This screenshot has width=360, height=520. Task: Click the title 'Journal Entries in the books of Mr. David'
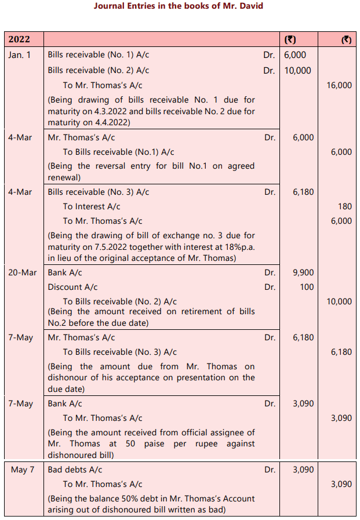coord(179,6)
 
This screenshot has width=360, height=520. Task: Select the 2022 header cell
coord(19,39)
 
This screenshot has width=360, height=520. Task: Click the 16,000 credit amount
coord(339,85)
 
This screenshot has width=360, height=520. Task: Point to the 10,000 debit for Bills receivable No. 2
coord(297,70)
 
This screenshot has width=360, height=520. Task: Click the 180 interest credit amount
coord(344,206)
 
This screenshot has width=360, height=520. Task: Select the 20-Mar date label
coord(22,272)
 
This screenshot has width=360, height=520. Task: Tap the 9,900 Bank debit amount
coord(304,272)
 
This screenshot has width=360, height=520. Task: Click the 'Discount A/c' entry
coord(72,287)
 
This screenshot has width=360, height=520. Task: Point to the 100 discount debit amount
coord(307,287)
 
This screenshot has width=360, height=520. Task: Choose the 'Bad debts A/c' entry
coord(75,469)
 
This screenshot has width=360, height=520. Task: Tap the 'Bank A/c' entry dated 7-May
coord(65,403)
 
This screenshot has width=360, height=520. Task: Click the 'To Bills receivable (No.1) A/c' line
coord(118,152)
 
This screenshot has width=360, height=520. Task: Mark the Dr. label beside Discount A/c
coord(270,287)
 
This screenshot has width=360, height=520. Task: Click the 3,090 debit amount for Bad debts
coord(304,469)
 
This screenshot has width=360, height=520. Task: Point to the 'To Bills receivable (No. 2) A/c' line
coord(119,301)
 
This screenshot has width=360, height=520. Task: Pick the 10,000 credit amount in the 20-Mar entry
coord(339,301)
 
